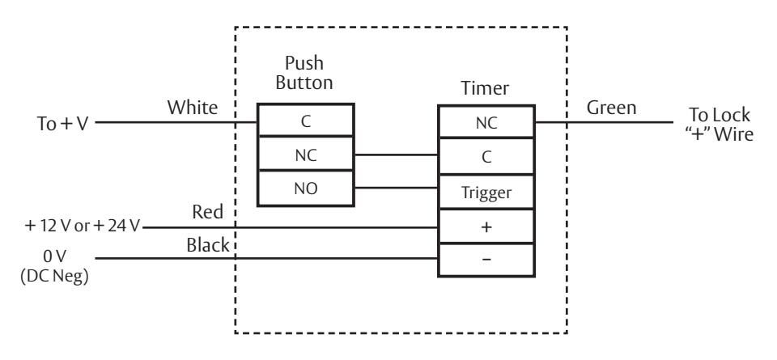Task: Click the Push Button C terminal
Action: [306, 121]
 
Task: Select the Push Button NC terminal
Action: [306, 154]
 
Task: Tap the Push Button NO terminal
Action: [306, 188]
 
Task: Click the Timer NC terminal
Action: [486, 122]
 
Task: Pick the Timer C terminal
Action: [486, 156]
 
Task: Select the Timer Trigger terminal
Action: [486, 192]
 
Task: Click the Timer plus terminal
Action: [486, 227]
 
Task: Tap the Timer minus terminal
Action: [486, 260]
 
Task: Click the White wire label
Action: [193, 108]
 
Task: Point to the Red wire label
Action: [208, 212]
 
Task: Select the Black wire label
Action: [208, 245]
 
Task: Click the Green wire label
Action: [612, 108]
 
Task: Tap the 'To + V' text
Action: [62, 123]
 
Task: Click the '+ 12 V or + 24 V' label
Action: [83, 227]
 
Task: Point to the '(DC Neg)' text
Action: [54, 277]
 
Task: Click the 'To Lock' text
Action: [720, 116]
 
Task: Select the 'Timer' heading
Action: [485, 88]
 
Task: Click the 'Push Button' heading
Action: [304, 73]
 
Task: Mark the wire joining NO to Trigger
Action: [396, 188]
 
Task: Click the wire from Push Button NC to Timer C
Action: [396, 155]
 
